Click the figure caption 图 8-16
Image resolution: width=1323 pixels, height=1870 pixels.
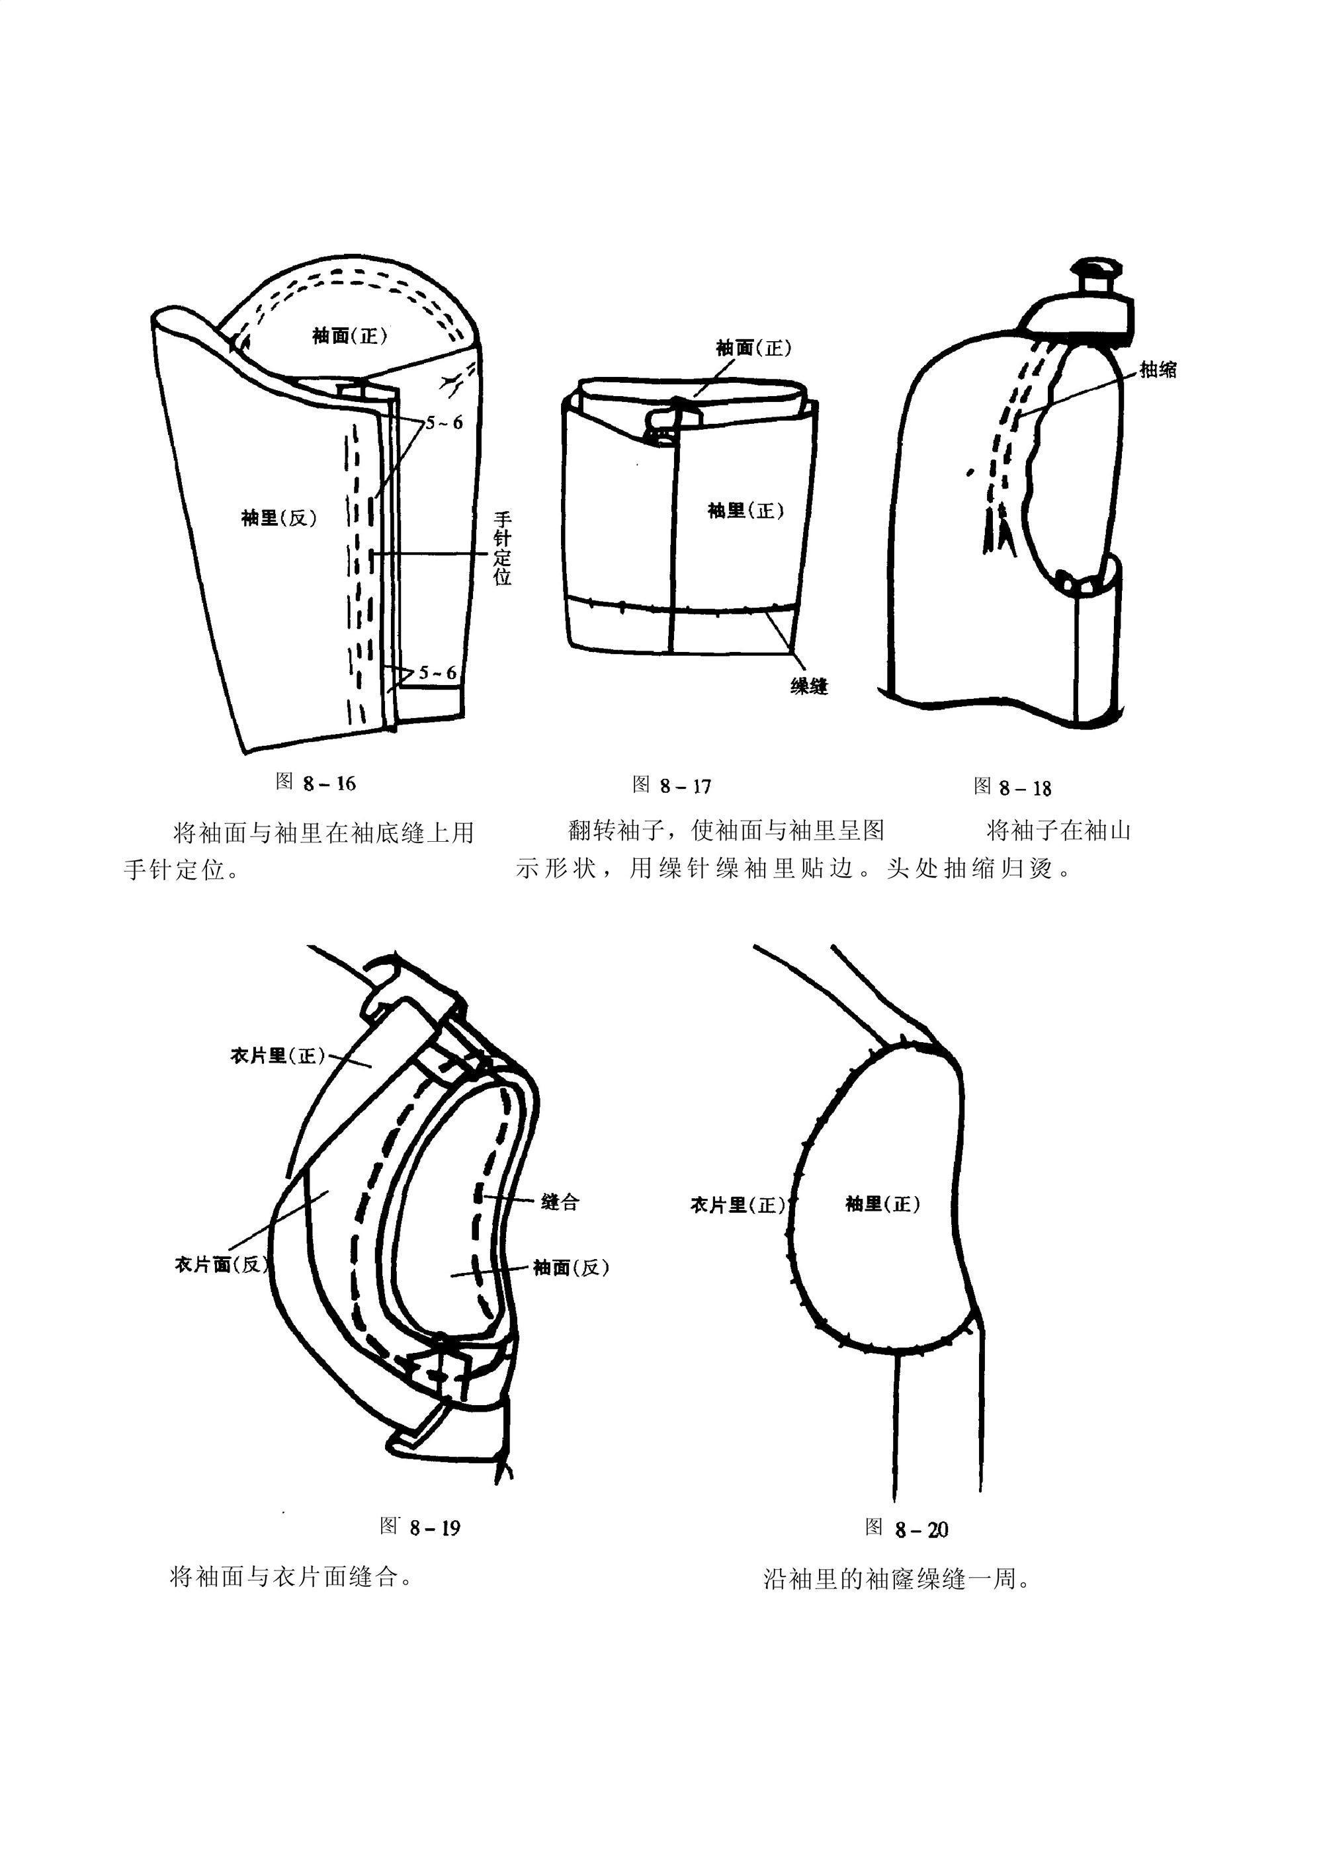point(317,783)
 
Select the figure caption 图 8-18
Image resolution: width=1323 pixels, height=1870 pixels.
point(1013,787)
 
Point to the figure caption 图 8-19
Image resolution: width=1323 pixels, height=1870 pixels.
point(420,1527)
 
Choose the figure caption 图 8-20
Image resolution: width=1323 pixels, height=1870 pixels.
point(907,1529)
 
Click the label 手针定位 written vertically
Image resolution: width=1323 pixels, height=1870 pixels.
point(503,548)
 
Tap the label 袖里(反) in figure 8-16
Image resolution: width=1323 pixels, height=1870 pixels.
point(278,517)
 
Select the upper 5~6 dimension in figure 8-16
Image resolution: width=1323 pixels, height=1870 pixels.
point(444,423)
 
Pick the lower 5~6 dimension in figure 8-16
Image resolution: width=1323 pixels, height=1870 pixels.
point(437,672)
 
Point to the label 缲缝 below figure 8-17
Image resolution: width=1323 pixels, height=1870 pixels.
point(809,686)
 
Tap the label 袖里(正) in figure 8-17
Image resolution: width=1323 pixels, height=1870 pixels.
point(746,510)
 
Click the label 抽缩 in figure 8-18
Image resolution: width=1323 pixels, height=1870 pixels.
point(1158,370)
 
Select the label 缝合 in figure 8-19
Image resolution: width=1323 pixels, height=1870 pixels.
point(560,1201)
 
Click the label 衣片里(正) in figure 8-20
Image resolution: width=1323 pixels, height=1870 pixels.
point(738,1205)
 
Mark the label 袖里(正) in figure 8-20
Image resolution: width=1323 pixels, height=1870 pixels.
point(882,1203)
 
